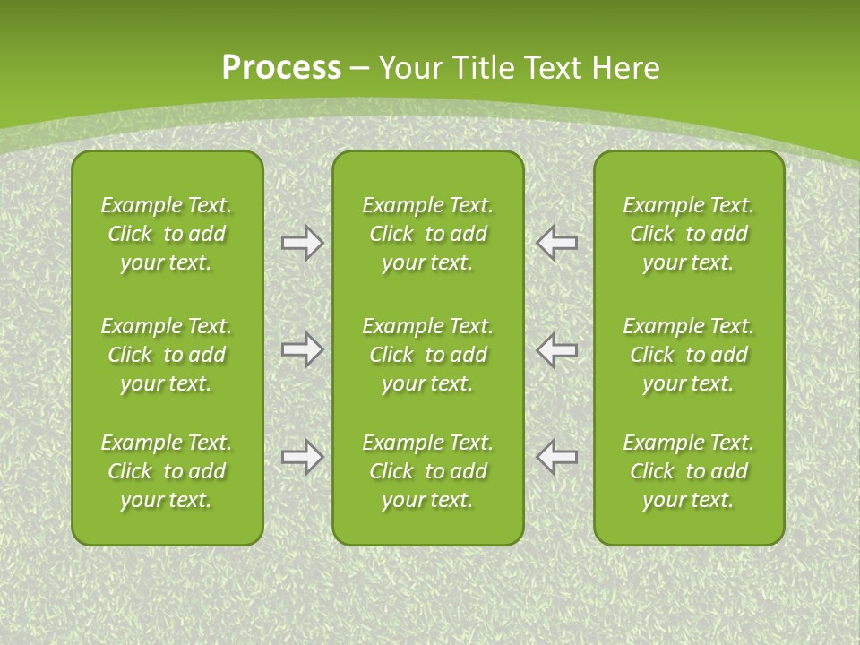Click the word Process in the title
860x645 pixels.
tap(281, 68)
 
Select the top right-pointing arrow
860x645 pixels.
tap(302, 243)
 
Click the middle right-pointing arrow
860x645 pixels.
tap(302, 349)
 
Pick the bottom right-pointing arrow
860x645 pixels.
tap(302, 457)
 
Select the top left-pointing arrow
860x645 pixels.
tap(556, 243)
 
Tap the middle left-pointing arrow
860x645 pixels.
tap(556, 349)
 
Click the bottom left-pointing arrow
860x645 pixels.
tap(556, 457)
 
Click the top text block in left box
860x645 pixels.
tap(167, 234)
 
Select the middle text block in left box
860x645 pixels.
tap(167, 355)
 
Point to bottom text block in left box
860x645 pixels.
tap(167, 471)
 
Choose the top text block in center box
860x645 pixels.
tap(427, 234)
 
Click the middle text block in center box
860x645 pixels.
tap(427, 355)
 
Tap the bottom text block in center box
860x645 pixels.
tap(427, 471)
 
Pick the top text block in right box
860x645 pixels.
tap(688, 234)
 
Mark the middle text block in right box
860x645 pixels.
tap(688, 355)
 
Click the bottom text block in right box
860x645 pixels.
tap(688, 471)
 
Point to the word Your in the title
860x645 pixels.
tap(410, 68)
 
